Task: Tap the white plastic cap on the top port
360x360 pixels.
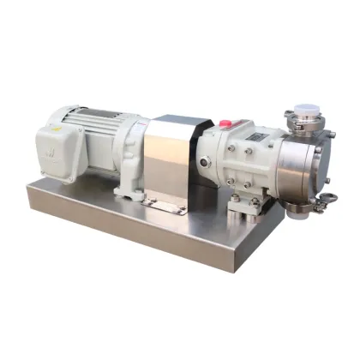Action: [303, 111]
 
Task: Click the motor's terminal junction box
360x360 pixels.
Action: [59, 146]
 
